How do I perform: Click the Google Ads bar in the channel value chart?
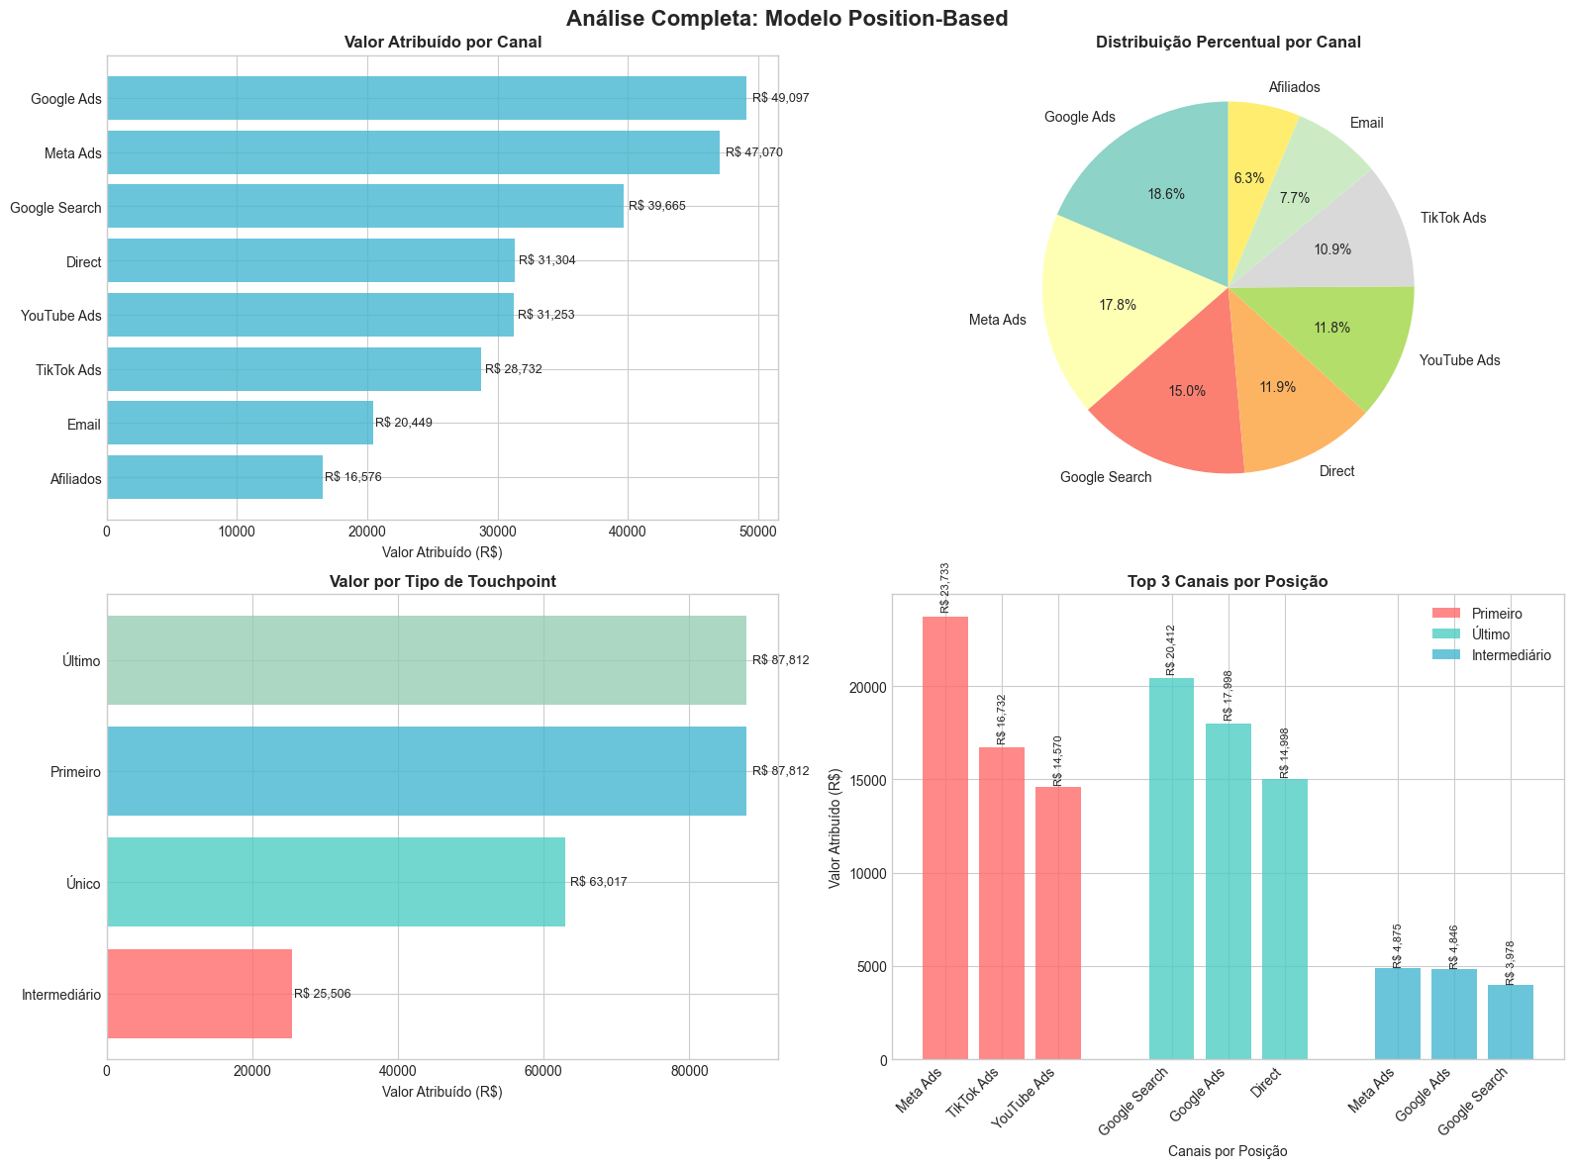(x=426, y=98)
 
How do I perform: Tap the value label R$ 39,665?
(x=656, y=206)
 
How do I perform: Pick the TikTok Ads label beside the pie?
(x=1452, y=218)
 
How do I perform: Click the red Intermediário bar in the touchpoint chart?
(x=199, y=994)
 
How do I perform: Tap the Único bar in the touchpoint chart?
(x=336, y=882)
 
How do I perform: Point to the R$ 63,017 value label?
(x=598, y=882)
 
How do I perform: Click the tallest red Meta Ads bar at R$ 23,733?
(x=944, y=837)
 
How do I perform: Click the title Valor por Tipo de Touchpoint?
(x=442, y=582)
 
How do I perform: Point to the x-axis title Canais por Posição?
(x=1228, y=1151)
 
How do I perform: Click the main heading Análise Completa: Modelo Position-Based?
(x=787, y=18)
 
